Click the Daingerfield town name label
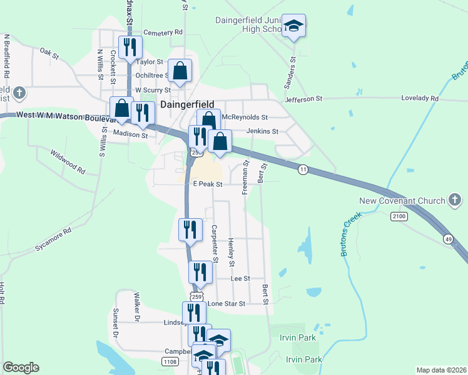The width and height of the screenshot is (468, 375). click(188, 105)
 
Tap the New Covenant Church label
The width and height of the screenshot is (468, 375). click(401, 201)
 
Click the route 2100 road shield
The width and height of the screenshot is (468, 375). click(399, 216)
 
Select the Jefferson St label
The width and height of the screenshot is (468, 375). click(303, 99)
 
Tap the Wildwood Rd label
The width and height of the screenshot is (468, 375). click(68, 161)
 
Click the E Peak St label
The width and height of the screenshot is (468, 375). click(208, 184)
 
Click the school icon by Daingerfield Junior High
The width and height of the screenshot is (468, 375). click(293, 26)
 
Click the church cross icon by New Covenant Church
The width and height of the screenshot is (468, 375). click(455, 201)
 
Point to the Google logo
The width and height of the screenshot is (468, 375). click(21, 367)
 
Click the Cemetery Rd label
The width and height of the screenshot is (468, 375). click(163, 32)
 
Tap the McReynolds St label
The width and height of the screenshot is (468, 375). click(246, 117)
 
